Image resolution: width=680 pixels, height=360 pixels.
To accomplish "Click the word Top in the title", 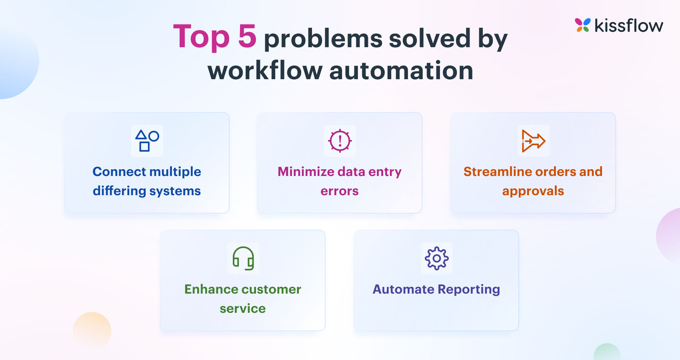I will pyautogui.click(x=201, y=37).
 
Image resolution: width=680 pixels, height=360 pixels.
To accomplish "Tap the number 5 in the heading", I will pyautogui.click(x=247, y=36).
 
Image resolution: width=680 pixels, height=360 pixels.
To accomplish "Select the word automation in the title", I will pyautogui.click(x=401, y=71).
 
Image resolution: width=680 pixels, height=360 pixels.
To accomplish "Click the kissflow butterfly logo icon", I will pyautogui.click(x=582, y=25).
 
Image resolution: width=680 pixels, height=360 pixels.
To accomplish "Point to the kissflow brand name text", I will pyautogui.click(x=628, y=26).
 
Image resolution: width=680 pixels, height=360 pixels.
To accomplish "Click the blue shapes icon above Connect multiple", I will pyautogui.click(x=147, y=141).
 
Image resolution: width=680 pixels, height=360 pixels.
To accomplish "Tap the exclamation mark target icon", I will pyautogui.click(x=340, y=141).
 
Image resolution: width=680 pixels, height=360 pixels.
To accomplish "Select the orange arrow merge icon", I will pyautogui.click(x=533, y=141).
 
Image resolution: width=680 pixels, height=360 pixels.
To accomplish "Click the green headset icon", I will pyautogui.click(x=243, y=258).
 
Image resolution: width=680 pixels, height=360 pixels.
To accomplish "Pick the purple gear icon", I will pyautogui.click(x=436, y=258).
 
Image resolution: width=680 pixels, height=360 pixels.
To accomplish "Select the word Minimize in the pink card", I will pyautogui.click(x=306, y=172).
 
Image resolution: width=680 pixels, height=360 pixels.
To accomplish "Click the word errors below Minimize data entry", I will pyautogui.click(x=339, y=191).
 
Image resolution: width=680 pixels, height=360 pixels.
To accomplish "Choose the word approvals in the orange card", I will pyautogui.click(x=533, y=191).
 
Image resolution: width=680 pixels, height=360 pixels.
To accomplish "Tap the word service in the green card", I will pyautogui.click(x=242, y=308).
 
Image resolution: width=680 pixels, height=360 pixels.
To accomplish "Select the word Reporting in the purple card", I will pyautogui.click(x=469, y=289).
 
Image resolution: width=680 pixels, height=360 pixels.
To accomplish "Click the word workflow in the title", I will pyautogui.click(x=265, y=71).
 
